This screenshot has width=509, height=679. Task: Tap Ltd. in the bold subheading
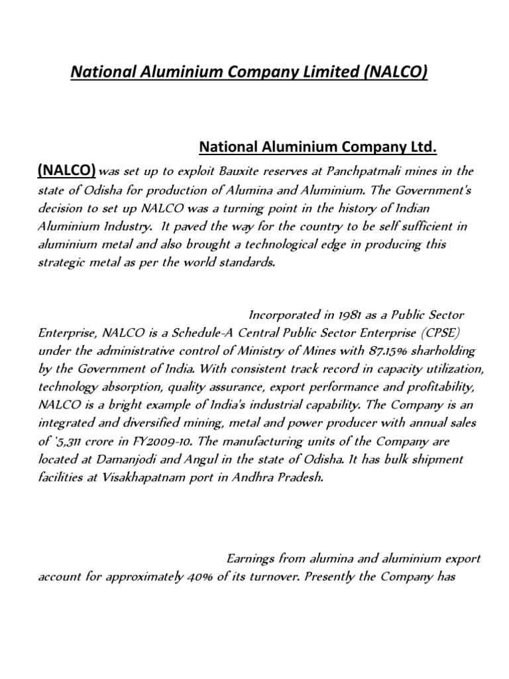pos(423,146)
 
